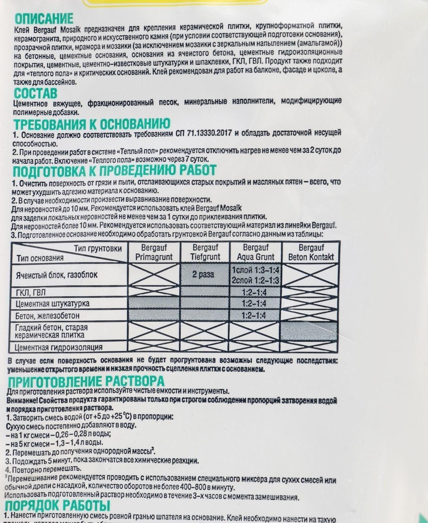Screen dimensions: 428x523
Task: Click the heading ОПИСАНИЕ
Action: (44, 19)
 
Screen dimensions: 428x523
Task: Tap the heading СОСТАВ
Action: (35, 93)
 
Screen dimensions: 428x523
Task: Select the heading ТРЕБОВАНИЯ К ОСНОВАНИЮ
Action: (92, 124)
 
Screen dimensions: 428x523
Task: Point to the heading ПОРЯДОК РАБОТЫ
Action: (58, 506)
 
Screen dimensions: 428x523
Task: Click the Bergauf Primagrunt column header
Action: (154, 252)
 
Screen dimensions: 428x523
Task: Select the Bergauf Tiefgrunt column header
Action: (205, 252)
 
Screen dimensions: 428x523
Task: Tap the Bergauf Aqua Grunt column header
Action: (256, 252)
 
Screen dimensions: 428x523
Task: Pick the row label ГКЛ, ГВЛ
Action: (31, 292)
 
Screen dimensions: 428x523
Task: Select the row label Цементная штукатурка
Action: (52, 304)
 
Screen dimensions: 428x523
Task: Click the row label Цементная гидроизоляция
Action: (59, 347)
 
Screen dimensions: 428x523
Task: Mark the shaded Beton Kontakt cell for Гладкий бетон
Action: (309, 331)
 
